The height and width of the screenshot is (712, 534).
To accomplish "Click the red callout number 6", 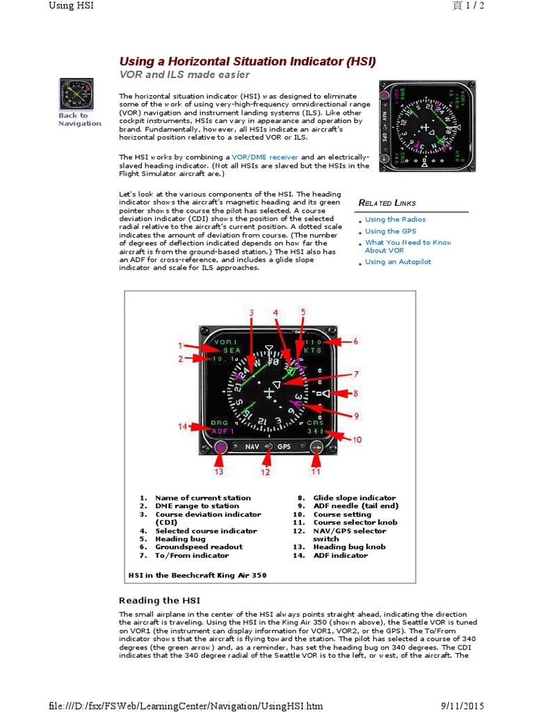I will [355, 341].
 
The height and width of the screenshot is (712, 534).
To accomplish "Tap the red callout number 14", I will [183, 426].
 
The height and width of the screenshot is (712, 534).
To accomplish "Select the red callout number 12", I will [265, 472].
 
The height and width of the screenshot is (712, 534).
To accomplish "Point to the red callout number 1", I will [179, 345].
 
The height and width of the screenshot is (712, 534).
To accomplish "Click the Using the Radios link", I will [395, 220].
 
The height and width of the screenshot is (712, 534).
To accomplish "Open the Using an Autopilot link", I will [398, 262].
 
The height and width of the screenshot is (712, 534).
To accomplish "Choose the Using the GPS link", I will [391, 232].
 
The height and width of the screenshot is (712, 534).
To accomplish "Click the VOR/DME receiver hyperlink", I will [264, 157].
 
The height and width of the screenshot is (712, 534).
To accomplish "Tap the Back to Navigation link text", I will [79, 120].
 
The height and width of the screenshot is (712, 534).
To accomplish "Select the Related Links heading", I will [387, 203].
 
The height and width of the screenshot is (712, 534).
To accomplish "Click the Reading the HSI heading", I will [159, 600].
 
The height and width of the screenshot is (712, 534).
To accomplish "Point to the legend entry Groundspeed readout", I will [199, 547].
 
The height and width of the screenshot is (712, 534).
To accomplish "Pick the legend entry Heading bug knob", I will [344, 547].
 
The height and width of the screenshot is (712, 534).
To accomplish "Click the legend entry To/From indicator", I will [191, 556].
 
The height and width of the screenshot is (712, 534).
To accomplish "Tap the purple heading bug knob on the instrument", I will [221, 448].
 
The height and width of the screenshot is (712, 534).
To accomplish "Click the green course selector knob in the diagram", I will [316, 448].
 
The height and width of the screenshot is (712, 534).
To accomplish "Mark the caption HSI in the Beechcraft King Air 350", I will [197, 576].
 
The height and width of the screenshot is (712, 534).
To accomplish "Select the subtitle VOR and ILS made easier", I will [184, 75].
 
